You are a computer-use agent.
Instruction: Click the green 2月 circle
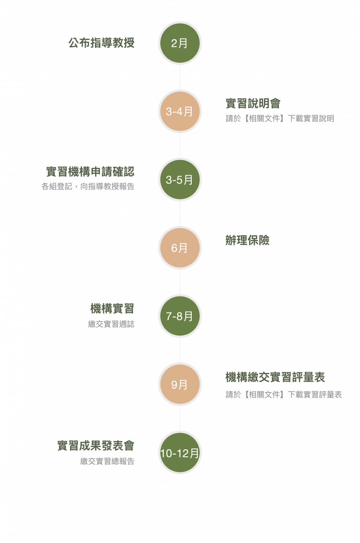180,43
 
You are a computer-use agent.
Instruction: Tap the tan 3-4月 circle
180,112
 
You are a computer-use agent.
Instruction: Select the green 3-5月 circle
180,180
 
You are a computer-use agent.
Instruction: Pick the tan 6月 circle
180,248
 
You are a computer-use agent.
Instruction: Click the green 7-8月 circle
180,316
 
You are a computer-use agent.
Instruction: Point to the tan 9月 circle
180,385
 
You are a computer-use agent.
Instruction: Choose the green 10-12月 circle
180,453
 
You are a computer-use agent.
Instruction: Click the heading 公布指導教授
101,43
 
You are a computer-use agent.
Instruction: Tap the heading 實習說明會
253,104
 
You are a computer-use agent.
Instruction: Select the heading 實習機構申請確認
90,171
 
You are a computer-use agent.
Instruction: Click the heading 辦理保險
247,241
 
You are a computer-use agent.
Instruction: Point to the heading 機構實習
112,308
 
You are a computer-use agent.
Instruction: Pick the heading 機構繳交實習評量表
275,377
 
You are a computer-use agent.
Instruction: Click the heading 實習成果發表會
96,446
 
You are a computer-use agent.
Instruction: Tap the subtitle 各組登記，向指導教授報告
88,186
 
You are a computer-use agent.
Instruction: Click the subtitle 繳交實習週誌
111,324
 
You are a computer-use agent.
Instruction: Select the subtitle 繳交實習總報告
107,461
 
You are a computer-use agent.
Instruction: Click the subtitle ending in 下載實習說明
280,119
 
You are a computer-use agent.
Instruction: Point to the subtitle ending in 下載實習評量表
284,394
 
